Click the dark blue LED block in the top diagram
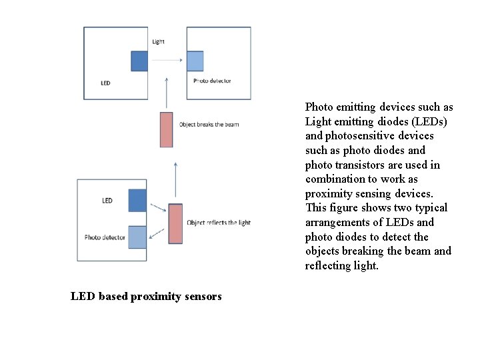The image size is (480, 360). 139,61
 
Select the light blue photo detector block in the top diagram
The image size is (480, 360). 195,61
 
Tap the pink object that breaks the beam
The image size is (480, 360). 167,129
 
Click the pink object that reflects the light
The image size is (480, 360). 175,223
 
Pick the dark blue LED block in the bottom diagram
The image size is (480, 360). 137,201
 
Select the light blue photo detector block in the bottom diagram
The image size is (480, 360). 137,237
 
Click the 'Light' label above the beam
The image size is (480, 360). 158,41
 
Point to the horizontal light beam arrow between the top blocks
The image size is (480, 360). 166,61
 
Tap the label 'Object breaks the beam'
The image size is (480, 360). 209,125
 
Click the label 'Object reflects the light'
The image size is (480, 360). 219,223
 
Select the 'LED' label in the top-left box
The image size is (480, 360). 105,83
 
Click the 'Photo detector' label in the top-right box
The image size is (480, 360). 212,81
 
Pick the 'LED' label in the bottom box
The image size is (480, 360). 107,201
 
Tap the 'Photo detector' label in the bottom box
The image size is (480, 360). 105,237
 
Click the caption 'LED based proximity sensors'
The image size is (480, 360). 146,296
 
